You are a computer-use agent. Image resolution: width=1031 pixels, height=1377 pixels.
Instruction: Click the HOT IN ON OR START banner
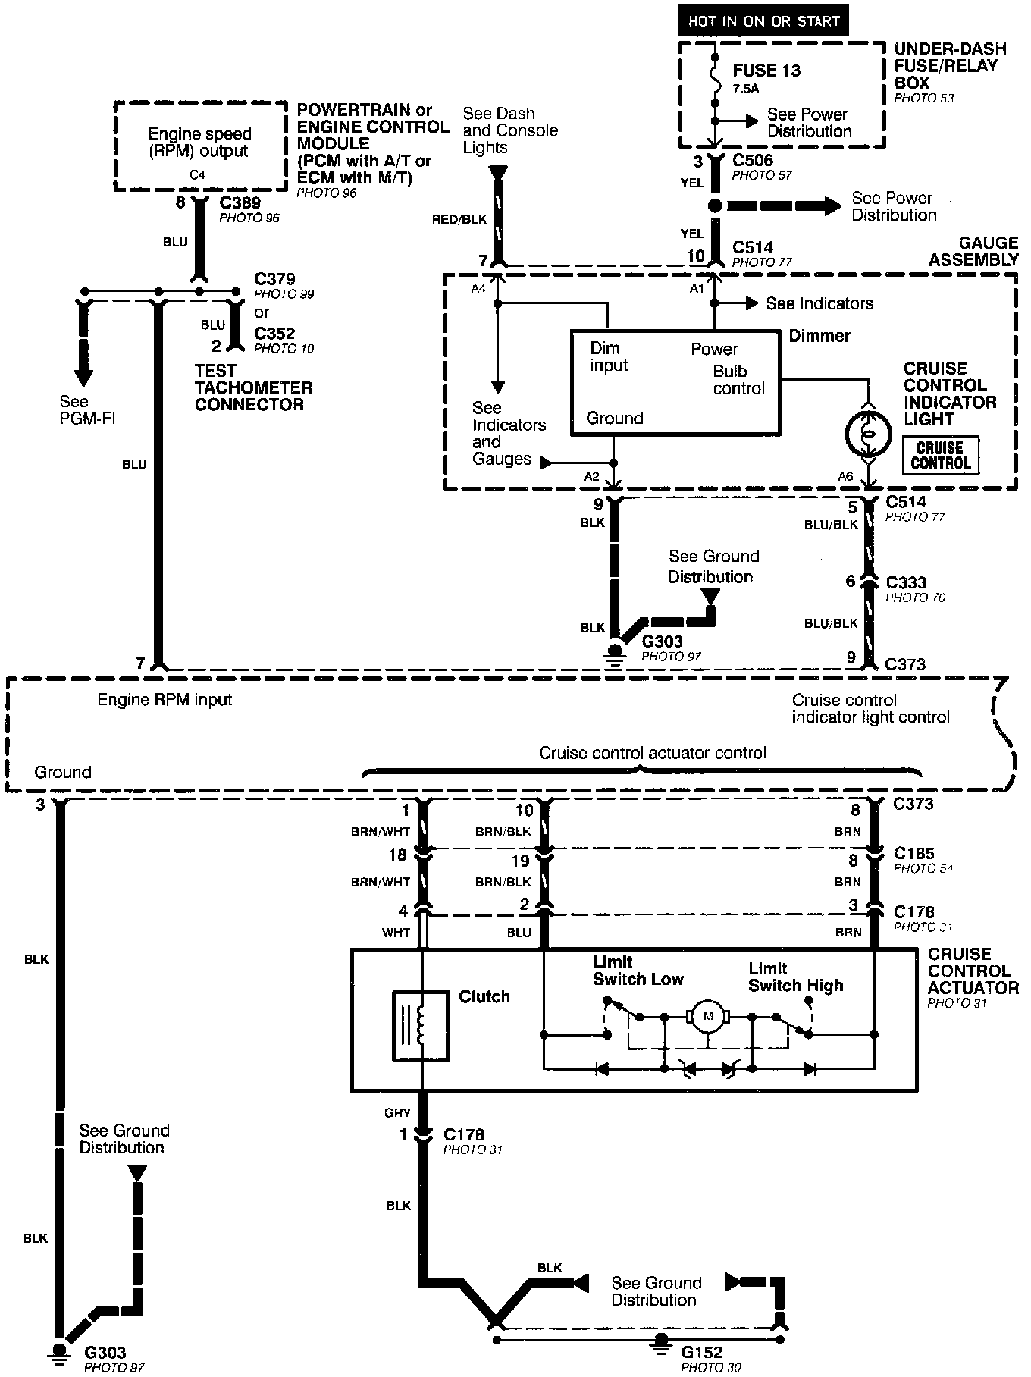click(x=763, y=21)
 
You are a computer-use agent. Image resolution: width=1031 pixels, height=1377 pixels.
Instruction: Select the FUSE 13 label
click(x=766, y=71)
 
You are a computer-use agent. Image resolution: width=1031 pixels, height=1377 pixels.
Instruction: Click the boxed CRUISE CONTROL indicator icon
click(x=940, y=456)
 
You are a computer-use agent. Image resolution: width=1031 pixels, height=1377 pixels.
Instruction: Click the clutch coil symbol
click(x=421, y=1025)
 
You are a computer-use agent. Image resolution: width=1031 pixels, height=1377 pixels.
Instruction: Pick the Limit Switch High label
click(x=795, y=977)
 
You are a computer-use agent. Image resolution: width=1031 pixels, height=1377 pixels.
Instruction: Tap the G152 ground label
click(x=701, y=1352)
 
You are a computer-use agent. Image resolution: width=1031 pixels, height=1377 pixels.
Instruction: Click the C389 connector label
click(x=240, y=202)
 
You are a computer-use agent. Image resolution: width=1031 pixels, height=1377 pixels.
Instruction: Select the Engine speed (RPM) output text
click(x=199, y=143)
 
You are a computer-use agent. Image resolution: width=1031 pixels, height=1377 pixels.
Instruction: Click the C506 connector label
click(x=753, y=160)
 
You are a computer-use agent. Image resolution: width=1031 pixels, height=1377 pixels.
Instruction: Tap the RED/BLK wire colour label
click(x=459, y=220)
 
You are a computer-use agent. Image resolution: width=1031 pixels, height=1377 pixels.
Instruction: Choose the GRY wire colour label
click(x=397, y=1112)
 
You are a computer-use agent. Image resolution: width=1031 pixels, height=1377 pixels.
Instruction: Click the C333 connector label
click(x=906, y=582)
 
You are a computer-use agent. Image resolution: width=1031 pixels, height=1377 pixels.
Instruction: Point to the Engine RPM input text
click(x=165, y=699)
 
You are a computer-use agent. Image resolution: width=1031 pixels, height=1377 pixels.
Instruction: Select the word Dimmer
click(x=819, y=335)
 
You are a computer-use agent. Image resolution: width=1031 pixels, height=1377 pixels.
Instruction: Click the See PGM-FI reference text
click(x=86, y=409)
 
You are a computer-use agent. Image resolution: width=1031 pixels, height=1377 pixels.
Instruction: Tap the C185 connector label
click(x=913, y=853)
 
